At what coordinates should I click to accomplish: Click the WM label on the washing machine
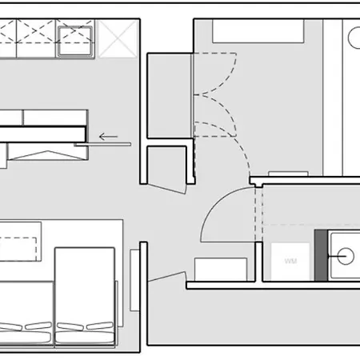point(290,261)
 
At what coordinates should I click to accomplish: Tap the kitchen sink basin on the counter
point(75,41)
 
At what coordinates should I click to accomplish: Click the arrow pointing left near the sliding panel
point(108,137)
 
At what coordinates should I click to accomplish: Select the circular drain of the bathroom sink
point(346,256)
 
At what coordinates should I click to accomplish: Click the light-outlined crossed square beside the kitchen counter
point(118,39)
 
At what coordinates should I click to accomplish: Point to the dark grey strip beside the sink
point(321,255)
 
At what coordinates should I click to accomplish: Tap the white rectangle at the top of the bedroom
point(258,31)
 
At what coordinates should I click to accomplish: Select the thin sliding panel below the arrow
point(102,145)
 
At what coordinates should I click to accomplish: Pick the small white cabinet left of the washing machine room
point(221,270)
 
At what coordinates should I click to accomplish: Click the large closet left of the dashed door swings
point(169,96)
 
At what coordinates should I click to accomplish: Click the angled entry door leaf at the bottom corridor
point(167,277)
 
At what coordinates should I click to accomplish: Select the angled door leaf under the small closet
point(166,188)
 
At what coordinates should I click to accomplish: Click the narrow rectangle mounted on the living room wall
point(134,280)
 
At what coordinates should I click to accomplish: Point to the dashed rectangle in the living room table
point(18,249)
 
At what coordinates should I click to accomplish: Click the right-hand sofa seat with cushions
point(85,296)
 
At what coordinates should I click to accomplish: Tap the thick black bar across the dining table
point(42,134)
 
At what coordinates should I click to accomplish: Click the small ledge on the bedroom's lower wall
point(288,174)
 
